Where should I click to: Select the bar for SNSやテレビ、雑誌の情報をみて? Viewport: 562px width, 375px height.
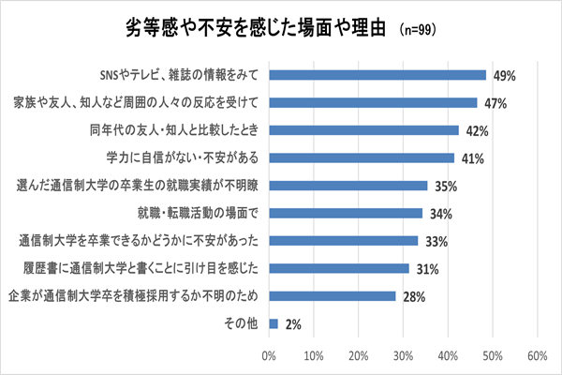point(377,75)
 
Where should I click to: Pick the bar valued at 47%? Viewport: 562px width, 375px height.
point(373,101)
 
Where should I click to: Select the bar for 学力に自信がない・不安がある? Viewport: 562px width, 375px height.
point(362,158)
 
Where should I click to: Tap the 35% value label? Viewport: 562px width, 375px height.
point(448,187)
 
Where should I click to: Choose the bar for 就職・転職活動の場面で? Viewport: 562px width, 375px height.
point(346,214)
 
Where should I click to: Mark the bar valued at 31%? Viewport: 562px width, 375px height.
point(339,269)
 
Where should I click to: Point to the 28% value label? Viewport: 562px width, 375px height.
point(416,297)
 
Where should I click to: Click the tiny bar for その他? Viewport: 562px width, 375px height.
point(274,324)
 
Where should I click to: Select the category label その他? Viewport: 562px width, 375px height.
point(240,324)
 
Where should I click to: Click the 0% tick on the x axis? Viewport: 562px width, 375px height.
point(270,356)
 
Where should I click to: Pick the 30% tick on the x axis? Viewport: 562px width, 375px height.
point(404,356)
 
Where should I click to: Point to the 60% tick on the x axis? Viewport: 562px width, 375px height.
point(538,356)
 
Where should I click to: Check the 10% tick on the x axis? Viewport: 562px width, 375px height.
point(314,356)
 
